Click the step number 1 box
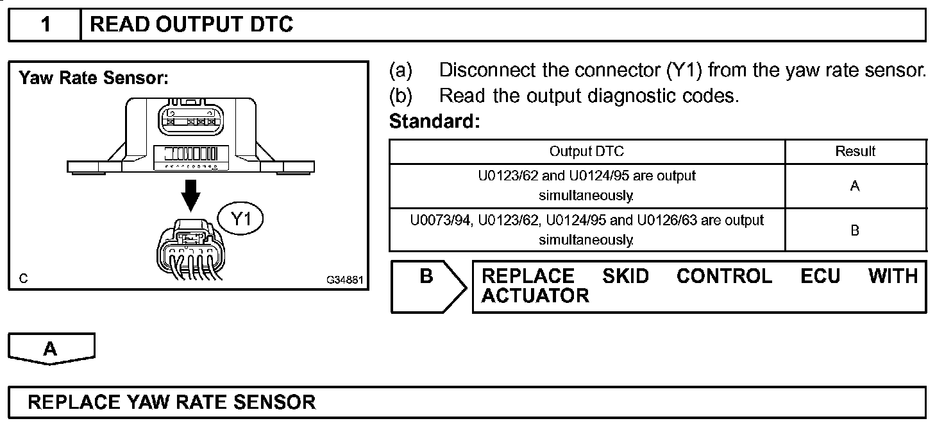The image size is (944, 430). [45, 25]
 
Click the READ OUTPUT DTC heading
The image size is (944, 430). [192, 25]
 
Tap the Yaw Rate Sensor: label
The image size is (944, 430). [94, 79]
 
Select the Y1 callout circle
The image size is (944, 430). [240, 219]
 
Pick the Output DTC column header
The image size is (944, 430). [586, 151]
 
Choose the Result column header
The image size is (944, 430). [855, 151]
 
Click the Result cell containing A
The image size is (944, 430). [855, 186]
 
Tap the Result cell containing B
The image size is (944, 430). [855, 230]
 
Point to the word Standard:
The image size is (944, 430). [434, 121]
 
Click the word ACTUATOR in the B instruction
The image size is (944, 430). [535, 296]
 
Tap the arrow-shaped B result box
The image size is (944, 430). [426, 286]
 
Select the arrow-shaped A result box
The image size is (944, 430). [51, 348]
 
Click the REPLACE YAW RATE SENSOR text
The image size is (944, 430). [172, 402]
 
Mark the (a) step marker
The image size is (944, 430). [401, 70]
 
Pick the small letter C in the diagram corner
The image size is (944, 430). [23, 279]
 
